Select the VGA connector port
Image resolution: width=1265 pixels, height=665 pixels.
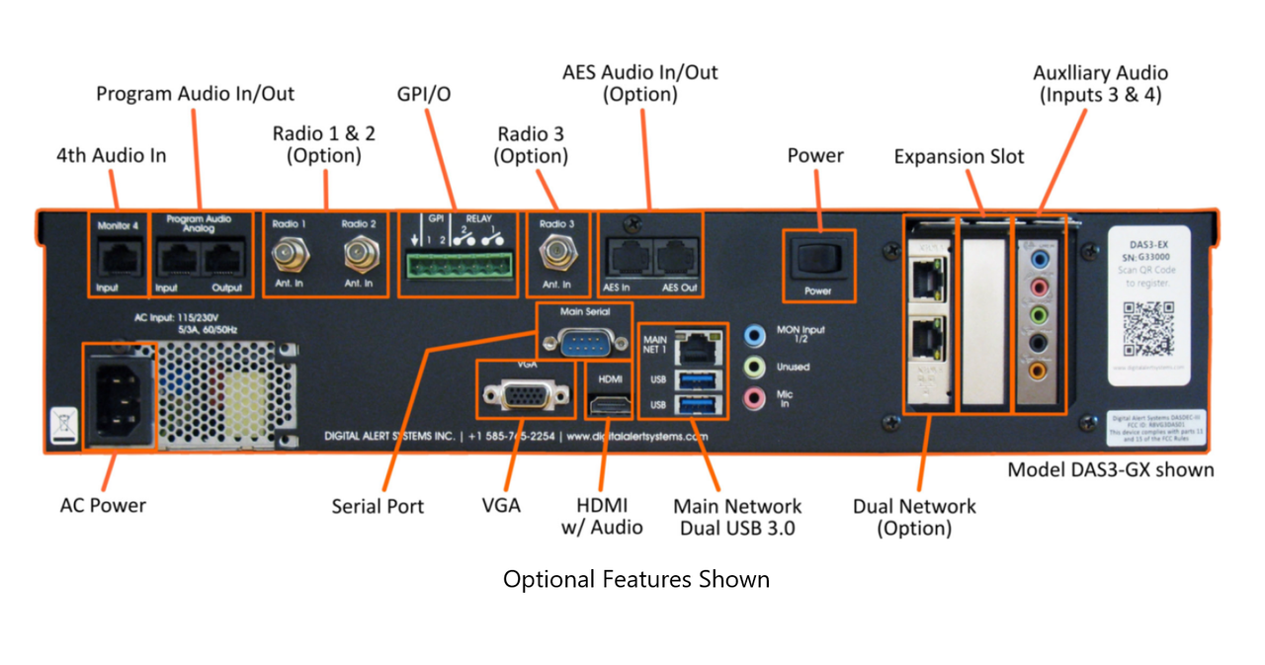coord(524,395)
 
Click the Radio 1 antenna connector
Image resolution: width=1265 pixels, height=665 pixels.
coord(290,257)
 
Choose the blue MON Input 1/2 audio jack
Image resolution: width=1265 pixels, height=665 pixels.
coord(754,335)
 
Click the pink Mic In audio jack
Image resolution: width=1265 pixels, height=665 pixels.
coord(754,398)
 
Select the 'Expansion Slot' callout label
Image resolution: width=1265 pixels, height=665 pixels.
coord(959,157)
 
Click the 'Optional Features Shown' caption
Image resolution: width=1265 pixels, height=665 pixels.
coord(635,579)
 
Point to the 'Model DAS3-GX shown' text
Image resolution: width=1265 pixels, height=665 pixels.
coord(1110,469)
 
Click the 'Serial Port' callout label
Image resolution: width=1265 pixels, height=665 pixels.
coord(378,506)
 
